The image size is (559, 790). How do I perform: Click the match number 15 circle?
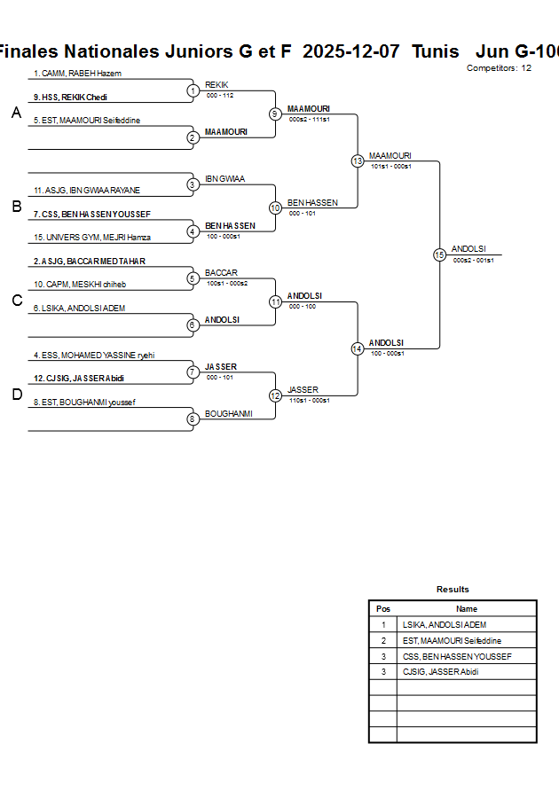click(x=439, y=254)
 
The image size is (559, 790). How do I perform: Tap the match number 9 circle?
click(x=275, y=113)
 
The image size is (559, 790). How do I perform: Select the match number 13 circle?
click(x=358, y=161)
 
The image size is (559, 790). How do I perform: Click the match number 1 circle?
click(x=193, y=90)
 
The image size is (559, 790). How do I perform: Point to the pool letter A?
click(x=16, y=113)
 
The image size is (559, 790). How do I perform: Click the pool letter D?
click(x=16, y=395)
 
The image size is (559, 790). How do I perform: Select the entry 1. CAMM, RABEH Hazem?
click(x=77, y=73)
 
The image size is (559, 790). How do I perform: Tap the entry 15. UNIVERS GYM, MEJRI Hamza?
click(x=91, y=237)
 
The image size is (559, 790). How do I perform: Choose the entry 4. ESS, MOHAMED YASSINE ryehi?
click(x=94, y=355)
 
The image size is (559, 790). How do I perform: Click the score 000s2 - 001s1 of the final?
click(x=473, y=260)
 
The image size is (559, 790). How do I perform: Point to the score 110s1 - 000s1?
click(x=309, y=400)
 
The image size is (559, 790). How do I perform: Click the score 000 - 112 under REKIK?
click(x=219, y=95)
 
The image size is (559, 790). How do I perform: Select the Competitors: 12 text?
click(x=499, y=67)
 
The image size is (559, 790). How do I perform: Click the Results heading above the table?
click(x=453, y=589)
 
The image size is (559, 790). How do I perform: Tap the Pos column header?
click(x=383, y=609)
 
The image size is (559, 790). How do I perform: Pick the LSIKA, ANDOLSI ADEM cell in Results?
click(x=444, y=625)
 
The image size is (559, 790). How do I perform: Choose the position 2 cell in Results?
click(x=383, y=640)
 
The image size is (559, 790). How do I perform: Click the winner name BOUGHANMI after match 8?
click(x=229, y=413)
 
